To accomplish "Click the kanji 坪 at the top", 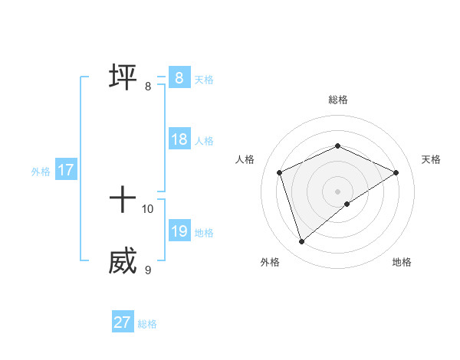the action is coord(123,77).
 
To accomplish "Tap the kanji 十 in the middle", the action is coord(123,200).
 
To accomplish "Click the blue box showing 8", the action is coord(179,78).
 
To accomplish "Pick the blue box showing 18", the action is coord(179,139).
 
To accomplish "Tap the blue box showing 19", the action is coord(179,231).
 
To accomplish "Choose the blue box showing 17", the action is coord(66,170).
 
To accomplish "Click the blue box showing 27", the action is coord(123,322).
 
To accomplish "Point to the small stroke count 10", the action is coord(148,208).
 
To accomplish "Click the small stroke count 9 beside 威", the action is coord(148,270).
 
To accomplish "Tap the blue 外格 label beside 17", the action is coord(41,172).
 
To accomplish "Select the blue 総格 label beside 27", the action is coord(147,324).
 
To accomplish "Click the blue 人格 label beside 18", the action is coord(204,141).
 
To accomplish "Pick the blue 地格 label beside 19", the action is coord(204,233).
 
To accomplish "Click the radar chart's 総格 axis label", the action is coord(337,100).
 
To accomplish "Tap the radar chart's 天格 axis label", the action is coord(431,159).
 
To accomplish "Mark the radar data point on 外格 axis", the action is coord(301,242).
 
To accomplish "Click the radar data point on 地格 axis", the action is coord(347,204).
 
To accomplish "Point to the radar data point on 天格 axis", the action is coord(396,172).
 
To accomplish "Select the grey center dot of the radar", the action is coord(337,191).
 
